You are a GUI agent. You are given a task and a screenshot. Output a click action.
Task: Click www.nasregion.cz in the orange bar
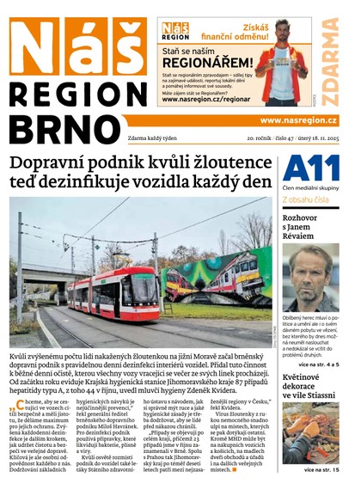tap(298, 120)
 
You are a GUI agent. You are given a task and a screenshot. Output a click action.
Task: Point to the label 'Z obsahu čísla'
tap(305, 200)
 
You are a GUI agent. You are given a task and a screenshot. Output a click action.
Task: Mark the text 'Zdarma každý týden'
tap(139, 138)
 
